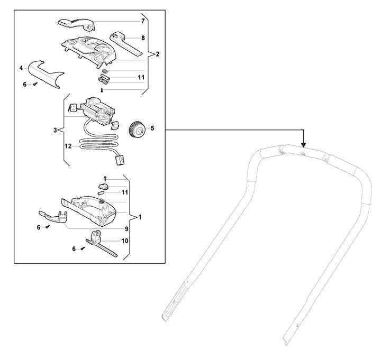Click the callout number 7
point(143,21)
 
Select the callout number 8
point(143,38)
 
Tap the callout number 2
point(158,54)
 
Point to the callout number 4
point(21,68)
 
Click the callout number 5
point(152,128)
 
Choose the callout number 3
point(55,130)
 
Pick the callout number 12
point(68,146)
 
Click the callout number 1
point(140,217)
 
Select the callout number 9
point(126,229)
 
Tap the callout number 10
point(125,241)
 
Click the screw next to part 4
point(36,84)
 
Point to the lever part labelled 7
point(77,24)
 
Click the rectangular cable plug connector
point(121,161)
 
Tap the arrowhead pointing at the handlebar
point(304,145)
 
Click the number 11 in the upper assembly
point(141,77)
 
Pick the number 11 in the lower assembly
point(125,192)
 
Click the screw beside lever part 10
point(83,248)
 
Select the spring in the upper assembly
point(105,71)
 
